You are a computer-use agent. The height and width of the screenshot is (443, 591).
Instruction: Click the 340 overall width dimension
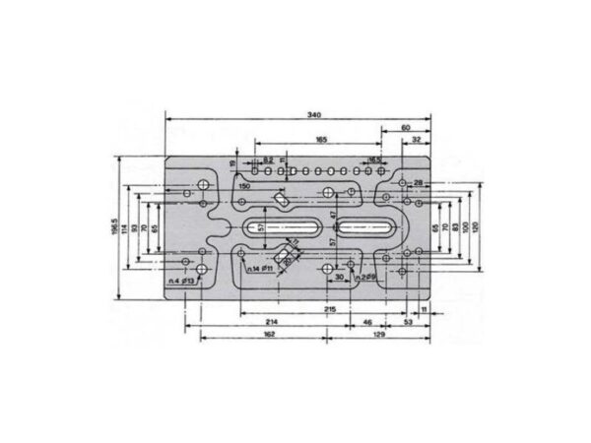314,115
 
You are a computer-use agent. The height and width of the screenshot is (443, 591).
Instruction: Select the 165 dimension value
321,141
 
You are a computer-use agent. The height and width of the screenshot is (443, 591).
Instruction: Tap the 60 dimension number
406,128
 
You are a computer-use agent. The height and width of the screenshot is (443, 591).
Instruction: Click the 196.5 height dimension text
113,227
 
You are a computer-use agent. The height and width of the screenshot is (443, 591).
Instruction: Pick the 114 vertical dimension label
124,227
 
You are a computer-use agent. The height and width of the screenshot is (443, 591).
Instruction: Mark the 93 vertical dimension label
134,227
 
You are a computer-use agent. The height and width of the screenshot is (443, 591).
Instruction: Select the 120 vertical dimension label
475,227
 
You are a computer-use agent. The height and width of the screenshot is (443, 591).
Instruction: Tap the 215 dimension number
330,309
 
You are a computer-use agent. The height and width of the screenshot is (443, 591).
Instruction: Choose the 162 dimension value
269,335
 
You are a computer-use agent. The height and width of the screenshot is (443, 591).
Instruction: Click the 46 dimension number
367,322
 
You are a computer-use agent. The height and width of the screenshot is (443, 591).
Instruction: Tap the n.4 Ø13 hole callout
180,282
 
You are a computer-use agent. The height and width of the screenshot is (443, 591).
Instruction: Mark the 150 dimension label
243,185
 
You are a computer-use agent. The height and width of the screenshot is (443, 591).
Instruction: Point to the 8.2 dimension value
268,158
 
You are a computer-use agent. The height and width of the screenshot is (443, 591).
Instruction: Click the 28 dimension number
418,184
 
